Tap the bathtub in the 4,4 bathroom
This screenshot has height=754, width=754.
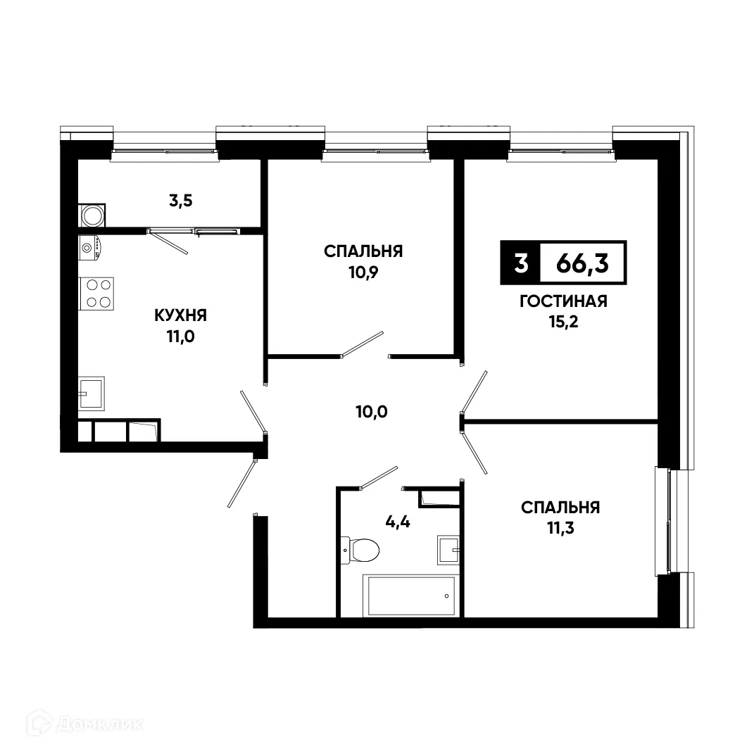409,596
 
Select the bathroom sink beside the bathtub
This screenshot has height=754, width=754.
448,548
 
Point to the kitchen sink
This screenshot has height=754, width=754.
92,391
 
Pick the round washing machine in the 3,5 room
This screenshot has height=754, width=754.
92,215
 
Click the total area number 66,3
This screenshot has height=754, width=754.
582,263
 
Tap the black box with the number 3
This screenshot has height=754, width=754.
520,263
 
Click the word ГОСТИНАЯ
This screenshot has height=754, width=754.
563,302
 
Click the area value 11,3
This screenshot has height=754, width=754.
560,527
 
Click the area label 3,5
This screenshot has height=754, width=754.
180,200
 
